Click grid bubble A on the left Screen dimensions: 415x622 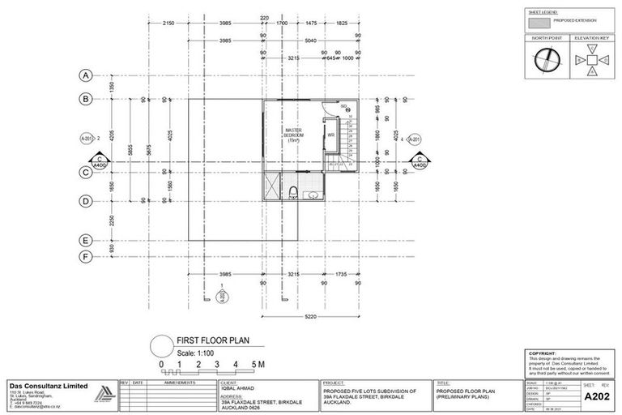tap(84, 75)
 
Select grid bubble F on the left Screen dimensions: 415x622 tap(84, 257)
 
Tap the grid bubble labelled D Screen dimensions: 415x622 tap(84, 201)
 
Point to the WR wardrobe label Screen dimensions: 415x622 tap(331, 135)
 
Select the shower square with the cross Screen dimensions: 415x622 tap(271, 186)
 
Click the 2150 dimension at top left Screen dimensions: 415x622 tap(168, 24)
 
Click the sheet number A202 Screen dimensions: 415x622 tap(597, 396)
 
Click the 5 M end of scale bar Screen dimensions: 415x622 tap(256, 365)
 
